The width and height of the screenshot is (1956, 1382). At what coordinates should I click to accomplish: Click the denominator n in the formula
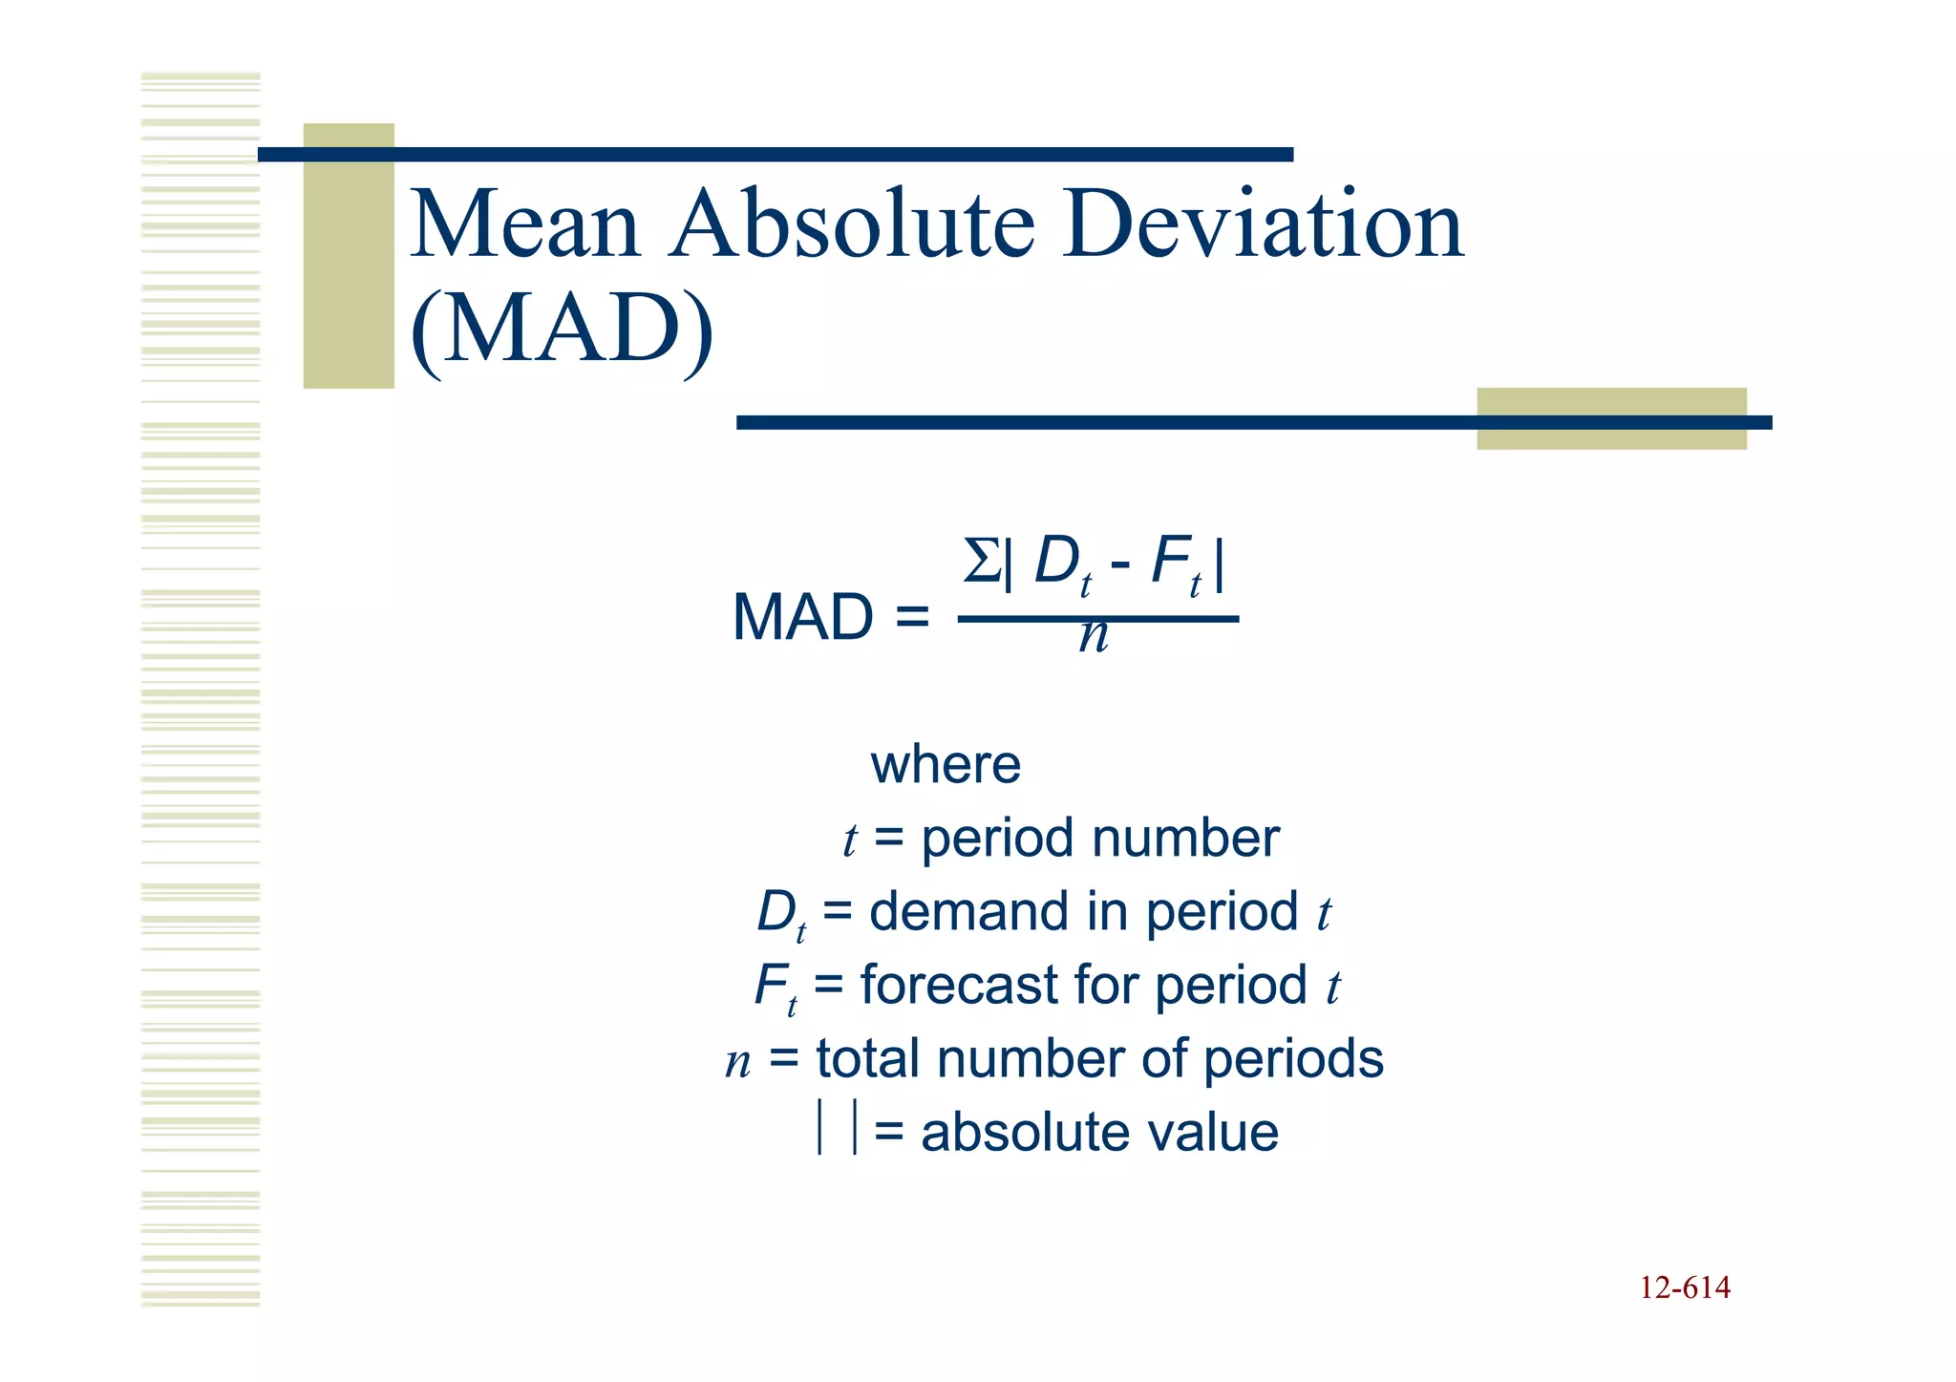tap(1095, 636)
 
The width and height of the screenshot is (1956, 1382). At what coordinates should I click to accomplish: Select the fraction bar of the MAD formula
tap(1098, 619)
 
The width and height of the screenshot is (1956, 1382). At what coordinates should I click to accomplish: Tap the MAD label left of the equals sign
tap(802, 617)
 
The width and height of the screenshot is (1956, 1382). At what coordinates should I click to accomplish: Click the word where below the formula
tap(946, 765)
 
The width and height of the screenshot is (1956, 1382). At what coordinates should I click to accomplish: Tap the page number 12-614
tap(1685, 1288)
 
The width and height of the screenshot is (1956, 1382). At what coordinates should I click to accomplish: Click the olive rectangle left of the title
tap(349, 256)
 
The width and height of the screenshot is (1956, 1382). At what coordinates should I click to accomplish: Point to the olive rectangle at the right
tap(1611, 418)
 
